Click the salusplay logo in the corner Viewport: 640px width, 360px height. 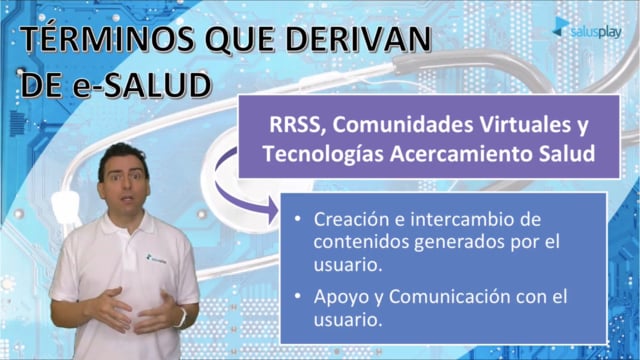[x=587, y=29]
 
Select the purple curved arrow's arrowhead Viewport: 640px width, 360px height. [x=273, y=210]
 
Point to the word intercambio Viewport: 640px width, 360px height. [x=458, y=219]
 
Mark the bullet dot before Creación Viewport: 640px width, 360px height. [x=298, y=219]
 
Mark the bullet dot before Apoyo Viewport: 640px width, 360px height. [x=298, y=296]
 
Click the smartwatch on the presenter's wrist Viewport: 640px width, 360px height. [x=182, y=318]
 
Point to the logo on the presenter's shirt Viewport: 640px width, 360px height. [x=156, y=259]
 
